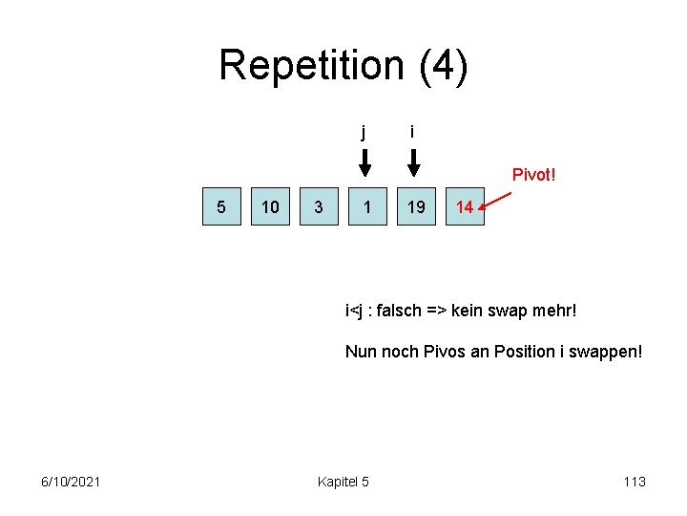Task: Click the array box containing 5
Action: [x=221, y=206]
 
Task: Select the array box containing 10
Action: [x=270, y=206]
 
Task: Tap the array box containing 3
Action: [x=319, y=206]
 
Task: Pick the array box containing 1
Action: [x=367, y=206]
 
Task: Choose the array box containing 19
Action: [x=416, y=206]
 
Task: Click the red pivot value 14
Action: [x=465, y=206]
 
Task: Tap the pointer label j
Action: [x=363, y=132]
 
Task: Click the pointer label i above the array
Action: [x=411, y=131]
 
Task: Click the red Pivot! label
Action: [x=534, y=175]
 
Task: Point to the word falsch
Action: [x=401, y=311]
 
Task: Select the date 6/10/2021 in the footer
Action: [x=72, y=482]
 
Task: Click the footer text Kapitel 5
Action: [x=343, y=482]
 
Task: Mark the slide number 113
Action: [x=634, y=482]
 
